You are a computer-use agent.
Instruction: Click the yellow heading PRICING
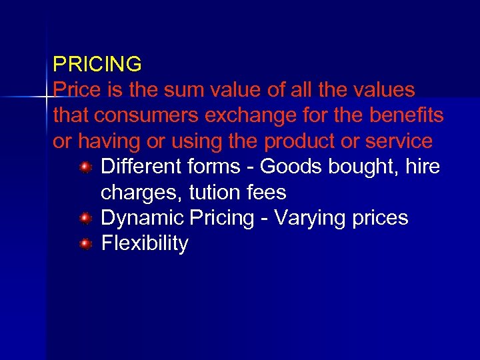coord(97,65)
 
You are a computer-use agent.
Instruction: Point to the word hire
coord(422,167)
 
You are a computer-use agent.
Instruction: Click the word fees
coord(266,193)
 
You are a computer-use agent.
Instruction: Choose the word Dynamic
coord(142,218)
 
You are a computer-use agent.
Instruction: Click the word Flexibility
coord(145,243)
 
